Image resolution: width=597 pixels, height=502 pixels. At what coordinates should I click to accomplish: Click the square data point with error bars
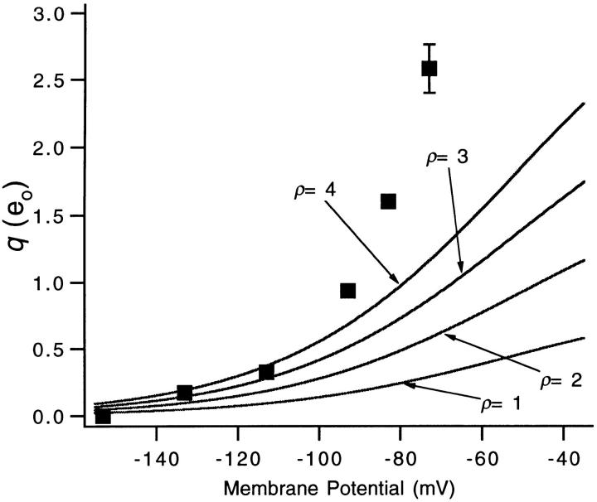(x=429, y=68)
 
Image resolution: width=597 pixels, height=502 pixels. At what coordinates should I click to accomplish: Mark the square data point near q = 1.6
(x=388, y=201)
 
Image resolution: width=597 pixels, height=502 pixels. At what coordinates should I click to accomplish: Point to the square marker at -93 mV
(x=347, y=290)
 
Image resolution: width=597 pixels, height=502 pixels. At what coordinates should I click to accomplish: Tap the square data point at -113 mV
(x=266, y=372)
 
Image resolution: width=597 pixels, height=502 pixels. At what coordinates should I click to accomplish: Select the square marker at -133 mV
(x=185, y=393)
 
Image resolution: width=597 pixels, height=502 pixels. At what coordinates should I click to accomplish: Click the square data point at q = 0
(x=103, y=416)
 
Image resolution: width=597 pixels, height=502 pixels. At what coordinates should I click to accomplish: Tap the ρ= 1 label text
(x=502, y=405)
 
